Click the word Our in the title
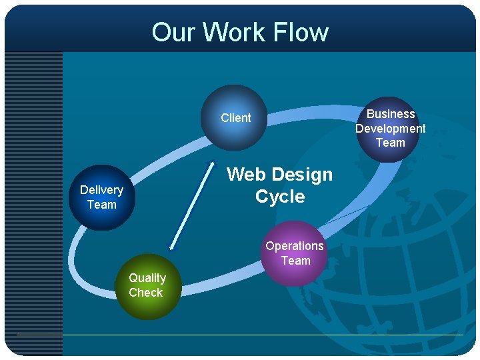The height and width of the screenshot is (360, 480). coord(173,32)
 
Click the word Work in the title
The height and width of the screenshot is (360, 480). coord(229,32)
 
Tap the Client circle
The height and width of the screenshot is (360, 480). coord(234,118)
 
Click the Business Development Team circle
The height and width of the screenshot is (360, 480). coord(390,129)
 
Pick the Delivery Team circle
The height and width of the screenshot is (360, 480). coord(101,197)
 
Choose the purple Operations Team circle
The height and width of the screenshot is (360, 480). coord(294,253)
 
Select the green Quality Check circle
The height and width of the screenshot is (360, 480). coord(147,286)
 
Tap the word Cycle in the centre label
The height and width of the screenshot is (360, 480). coord(280,197)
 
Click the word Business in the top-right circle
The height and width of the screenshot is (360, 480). coord(391,114)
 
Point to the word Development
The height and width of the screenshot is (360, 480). coord(390,128)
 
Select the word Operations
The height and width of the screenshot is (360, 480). coord(294,246)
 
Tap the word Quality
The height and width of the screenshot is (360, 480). coord(147,278)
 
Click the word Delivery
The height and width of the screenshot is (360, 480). coord(101,190)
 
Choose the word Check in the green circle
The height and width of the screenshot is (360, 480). coord(146,293)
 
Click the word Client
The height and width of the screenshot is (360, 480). coord(236,118)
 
